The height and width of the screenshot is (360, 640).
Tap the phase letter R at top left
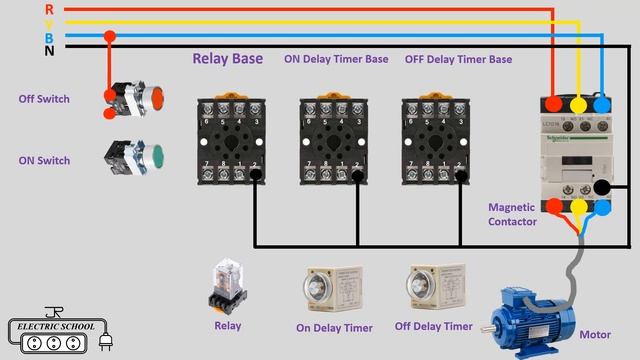pyautogui.click(x=50, y=9)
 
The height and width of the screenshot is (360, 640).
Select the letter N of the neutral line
pyautogui.click(x=50, y=48)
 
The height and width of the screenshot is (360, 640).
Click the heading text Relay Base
pyautogui.click(x=227, y=59)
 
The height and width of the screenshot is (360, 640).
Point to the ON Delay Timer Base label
pyautogui.click(x=336, y=59)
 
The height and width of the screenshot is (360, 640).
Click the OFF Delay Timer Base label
pyautogui.click(x=458, y=59)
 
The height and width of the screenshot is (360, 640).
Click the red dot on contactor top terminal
pyautogui.click(x=555, y=104)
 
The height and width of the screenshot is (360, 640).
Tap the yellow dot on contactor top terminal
pyautogui.click(x=578, y=104)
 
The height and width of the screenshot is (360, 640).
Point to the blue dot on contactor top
pyautogui.click(x=602, y=104)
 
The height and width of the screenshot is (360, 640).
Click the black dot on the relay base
pyautogui.click(x=256, y=176)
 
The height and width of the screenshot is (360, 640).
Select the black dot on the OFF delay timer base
pyautogui.click(x=461, y=176)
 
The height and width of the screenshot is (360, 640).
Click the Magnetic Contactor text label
pyautogui.click(x=513, y=214)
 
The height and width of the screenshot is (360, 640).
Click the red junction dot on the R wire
pyautogui.click(x=110, y=37)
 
